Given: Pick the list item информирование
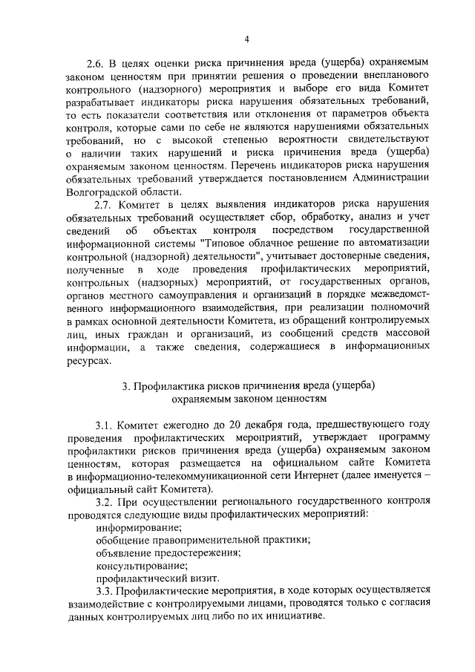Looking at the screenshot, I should click(134, 526).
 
